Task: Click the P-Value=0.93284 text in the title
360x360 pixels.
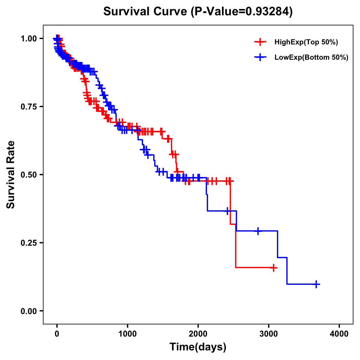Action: point(242,12)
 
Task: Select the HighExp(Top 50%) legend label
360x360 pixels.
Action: point(306,42)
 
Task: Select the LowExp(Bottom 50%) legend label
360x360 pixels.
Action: point(311,58)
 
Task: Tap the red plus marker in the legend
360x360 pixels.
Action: point(260,42)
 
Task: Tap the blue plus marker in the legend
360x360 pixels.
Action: point(260,57)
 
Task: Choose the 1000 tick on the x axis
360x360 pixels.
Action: point(127,334)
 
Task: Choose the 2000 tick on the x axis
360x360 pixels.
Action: point(198,334)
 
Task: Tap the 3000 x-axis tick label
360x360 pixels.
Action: point(269,334)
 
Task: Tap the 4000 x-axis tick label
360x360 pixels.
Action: point(339,334)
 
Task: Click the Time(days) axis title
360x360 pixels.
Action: point(198,347)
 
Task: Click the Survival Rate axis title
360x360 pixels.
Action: point(11,175)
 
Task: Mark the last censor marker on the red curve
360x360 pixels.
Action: point(273,268)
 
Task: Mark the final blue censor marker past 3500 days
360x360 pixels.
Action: point(316,284)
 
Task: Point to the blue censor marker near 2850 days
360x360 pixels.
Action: point(258,231)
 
